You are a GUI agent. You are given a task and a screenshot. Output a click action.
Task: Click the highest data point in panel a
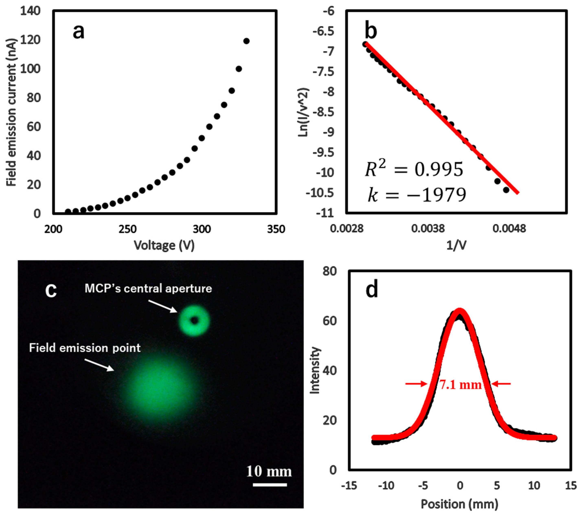246,41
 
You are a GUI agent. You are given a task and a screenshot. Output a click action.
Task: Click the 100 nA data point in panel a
239,69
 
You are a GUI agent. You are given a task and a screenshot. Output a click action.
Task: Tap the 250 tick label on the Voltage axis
127,229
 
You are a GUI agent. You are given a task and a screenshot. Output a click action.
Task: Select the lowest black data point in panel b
506,190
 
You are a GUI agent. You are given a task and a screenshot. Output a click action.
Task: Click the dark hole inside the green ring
194,320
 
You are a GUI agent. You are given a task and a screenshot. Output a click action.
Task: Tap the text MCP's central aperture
148,289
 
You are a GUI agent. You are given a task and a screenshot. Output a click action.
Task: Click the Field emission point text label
84,348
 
